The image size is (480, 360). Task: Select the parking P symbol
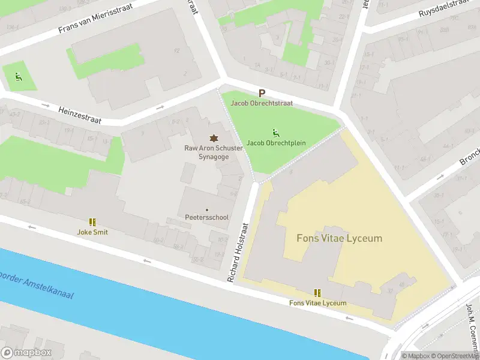click(x=262, y=93)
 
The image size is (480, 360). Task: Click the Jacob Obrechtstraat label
click(x=262, y=103)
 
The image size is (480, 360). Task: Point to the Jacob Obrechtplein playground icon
click(x=275, y=133)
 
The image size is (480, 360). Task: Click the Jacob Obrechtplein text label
click(x=273, y=143)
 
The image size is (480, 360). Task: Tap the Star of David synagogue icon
click(x=212, y=138)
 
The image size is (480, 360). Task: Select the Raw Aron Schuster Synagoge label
click(x=213, y=152)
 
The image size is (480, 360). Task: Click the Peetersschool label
click(x=206, y=217)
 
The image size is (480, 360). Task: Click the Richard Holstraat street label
click(x=237, y=252)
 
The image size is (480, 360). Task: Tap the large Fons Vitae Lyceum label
click(x=339, y=238)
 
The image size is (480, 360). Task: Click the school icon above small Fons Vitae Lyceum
click(x=317, y=293)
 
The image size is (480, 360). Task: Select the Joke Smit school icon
click(x=92, y=222)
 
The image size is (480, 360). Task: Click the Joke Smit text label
click(x=92, y=232)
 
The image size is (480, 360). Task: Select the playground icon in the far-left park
click(x=18, y=76)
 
